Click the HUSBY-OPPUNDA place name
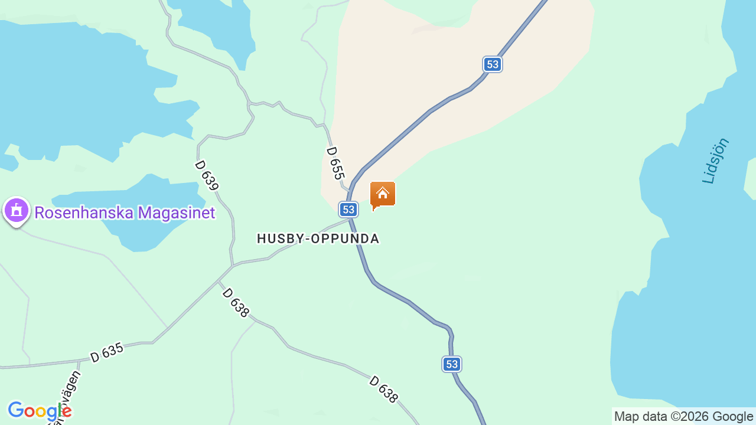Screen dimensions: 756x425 click(318, 238)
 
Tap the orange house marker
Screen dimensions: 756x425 click(383, 194)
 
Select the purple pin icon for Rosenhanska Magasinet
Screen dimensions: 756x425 click(16, 210)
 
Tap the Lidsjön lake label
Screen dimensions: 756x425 click(716, 161)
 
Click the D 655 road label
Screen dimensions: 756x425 click(335, 163)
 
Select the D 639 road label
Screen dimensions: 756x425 click(207, 175)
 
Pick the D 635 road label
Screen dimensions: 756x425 click(107, 352)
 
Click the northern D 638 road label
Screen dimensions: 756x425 click(236, 303)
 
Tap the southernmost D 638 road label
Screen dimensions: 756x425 click(383, 390)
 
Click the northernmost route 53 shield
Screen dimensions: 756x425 click(493, 64)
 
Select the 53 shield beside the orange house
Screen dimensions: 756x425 click(348, 209)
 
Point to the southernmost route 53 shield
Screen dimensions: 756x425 click(452, 364)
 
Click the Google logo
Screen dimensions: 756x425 click(40, 411)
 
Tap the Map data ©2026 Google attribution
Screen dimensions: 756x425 click(683, 417)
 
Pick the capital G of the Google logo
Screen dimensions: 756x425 click(16, 410)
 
